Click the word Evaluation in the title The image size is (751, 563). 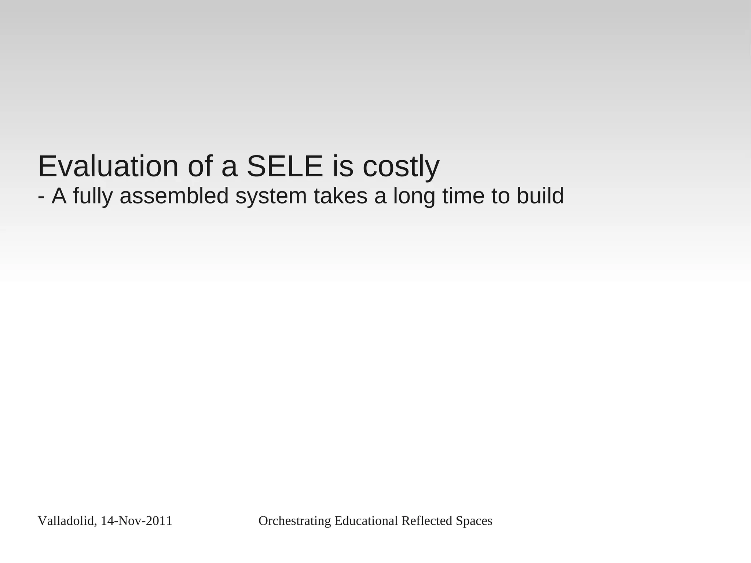[x=108, y=167]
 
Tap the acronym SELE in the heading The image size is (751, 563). [x=285, y=167]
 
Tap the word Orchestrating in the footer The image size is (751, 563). [x=295, y=521]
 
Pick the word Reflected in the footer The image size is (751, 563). [x=427, y=521]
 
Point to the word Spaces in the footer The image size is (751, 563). [x=474, y=521]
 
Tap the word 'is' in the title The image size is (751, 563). [x=343, y=167]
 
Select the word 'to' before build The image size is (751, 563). [x=501, y=196]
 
